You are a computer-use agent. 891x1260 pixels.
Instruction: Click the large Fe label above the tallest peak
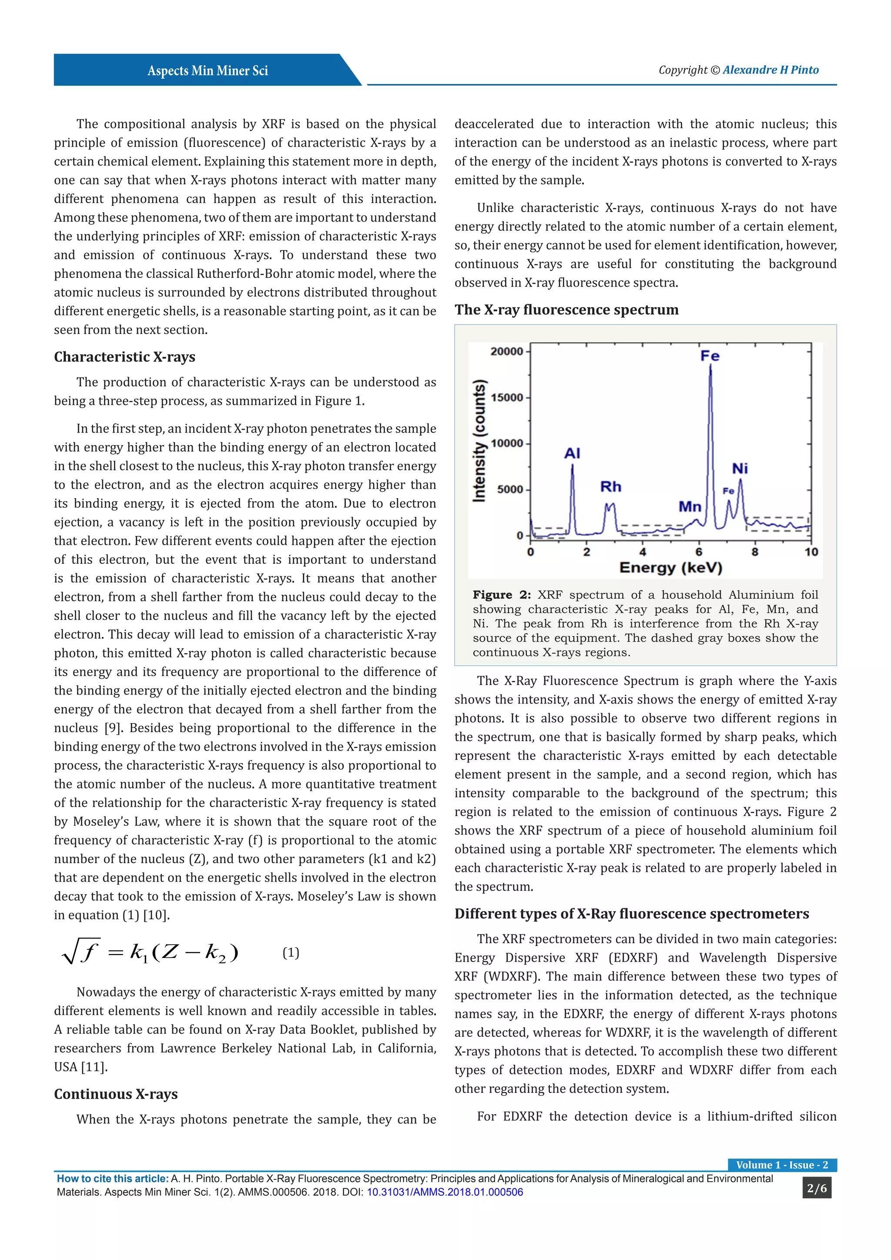pyautogui.click(x=710, y=356)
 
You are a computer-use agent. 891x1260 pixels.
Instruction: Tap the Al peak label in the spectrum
pyautogui.click(x=572, y=453)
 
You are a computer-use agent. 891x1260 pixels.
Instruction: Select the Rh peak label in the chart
pyautogui.click(x=611, y=487)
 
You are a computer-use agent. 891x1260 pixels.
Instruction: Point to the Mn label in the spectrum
pyautogui.click(x=690, y=506)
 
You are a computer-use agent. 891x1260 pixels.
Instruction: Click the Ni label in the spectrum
pyautogui.click(x=740, y=469)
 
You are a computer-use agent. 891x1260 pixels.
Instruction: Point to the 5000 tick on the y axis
pyautogui.click(x=510, y=489)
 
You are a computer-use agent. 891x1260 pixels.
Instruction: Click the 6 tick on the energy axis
pyautogui.click(x=698, y=552)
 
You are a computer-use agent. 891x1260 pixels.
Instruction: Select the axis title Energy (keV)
pyautogui.click(x=670, y=567)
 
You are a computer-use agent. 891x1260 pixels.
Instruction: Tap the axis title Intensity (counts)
pyautogui.click(x=479, y=441)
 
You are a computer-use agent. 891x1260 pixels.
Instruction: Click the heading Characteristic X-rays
pyautogui.click(x=124, y=357)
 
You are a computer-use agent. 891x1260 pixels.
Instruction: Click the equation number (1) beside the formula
pyautogui.click(x=291, y=953)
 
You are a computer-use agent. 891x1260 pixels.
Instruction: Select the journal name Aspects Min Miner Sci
pyautogui.click(x=208, y=71)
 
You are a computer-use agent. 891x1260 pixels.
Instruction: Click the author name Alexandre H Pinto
pyautogui.click(x=770, y=70)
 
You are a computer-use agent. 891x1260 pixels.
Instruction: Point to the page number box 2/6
pyautogui.click(x=816, y=1188)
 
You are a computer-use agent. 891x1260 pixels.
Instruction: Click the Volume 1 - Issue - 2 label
pyautogui.click(x=782, y=1165)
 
